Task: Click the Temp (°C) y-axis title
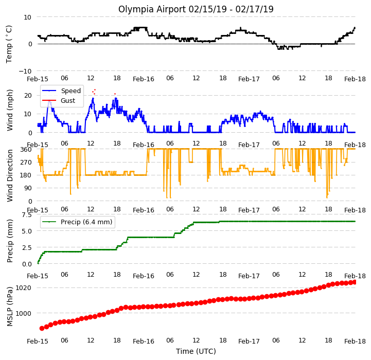[x=9, y=44]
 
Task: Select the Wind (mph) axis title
[x=9, y=110]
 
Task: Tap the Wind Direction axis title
[x=9, y=175]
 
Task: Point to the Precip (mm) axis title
[x=9, y=241]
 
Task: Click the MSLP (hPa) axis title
[x=9, y=307]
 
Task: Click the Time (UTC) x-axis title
[x=196, y=351]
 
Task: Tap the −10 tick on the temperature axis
[x=25, y=71]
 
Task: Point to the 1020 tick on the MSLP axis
[x=24, y=288]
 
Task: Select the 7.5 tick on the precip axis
[x=27, y=215]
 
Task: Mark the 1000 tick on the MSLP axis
[x=24, y=313]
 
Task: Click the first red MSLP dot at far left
[x=42, y=328]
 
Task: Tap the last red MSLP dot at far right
[x=354, y=282]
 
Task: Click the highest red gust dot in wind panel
[x=95, y=89]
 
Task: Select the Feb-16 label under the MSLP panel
[x=144, y=341]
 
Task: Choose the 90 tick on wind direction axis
[x=28, y=188]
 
